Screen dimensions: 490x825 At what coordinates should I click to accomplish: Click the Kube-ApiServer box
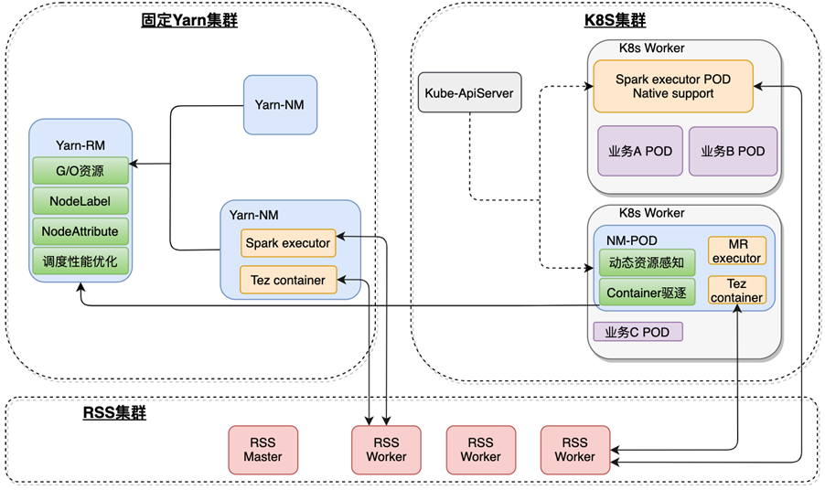pyautogui.click(x=468, y=93)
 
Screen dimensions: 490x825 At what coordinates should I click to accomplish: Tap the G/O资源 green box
pyautogui.click(x=80, y=170)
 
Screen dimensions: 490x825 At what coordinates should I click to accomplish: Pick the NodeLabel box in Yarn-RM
pyautogui.click(x=80, y=200)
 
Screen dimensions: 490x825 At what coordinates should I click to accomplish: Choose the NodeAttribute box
pyautogui.click(x=80, y=230)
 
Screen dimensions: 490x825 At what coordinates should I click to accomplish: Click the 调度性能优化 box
pyautogui.click(x=80, y=261)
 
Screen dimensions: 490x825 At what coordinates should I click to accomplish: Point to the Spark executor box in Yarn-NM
pyautogui.click(x=288, y=243)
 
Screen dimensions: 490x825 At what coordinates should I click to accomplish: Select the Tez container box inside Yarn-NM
pyautogui.click(x=288, y=280)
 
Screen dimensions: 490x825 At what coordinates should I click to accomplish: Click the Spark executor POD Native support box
pyautogui.click(x=672, y=86)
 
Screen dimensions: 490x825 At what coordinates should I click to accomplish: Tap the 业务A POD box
pyautogui.click(x=640, y=152)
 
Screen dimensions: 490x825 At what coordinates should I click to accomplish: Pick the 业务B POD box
pyautogui.click(x=733, y=152)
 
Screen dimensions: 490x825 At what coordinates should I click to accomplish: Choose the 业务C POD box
pyautogui.click(x=638, y=332)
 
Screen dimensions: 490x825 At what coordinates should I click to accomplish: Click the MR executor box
pyautogui.click(x=736, y=251)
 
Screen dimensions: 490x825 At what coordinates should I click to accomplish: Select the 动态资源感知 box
pyautogui.click(x=646, y=262)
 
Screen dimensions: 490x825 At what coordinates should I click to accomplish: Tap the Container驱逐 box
pyautogui.click(x=646, y=293)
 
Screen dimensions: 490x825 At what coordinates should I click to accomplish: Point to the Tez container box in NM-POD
pyautogui.click(x=736, y=290)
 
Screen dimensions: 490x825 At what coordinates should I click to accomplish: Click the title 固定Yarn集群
pyautogui.click(x=189, y=19)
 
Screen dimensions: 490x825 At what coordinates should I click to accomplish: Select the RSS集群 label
pyautogui.click(x=113, y=414)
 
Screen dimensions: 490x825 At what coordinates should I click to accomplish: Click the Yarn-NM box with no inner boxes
pyautogui.click(x=280, y=104)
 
